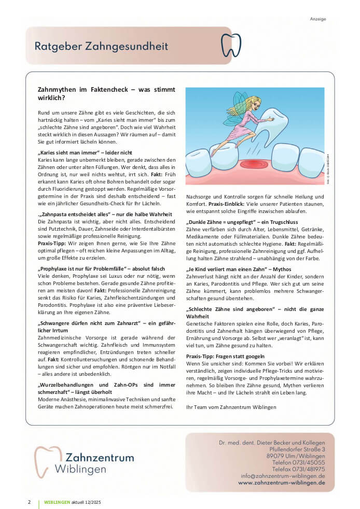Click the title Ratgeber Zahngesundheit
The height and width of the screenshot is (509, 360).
[x=101, y=46]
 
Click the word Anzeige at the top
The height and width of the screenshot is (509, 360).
[x=318, y=19]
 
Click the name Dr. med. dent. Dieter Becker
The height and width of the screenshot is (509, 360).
[x=272, y=442]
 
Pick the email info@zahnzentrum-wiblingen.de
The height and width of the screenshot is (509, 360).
[x=283, y=475]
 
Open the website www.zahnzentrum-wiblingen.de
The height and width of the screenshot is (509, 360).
[x=281, y=482]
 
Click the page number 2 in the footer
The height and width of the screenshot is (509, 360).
[x=29, y=502]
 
